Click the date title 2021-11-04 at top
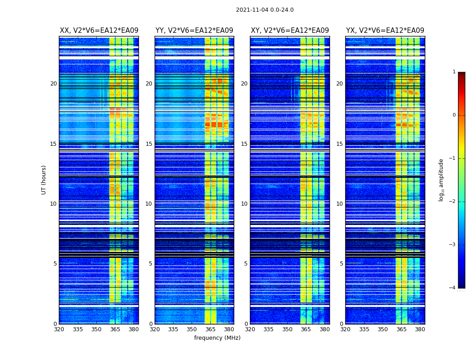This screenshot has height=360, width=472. coord(264,10)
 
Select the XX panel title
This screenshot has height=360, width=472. coord(99,31)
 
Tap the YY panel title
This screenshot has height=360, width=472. coord(194,31)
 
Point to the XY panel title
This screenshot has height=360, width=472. coord(289,31)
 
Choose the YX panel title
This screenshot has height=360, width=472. coord(385,31)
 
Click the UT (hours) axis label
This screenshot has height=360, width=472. coord(44,180)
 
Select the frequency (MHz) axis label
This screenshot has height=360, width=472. coord(217,338)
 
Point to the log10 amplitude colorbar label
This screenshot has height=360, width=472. coord(441,180)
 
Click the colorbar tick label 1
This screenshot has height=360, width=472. coord(454,72)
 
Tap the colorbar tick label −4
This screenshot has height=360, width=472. coord(453,288)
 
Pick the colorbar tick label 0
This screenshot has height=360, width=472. coord(454,115)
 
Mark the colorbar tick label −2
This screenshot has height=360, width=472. coord(453,202)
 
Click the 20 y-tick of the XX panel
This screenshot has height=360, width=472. coord(53,84)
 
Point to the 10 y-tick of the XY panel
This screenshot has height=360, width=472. coord(244,204)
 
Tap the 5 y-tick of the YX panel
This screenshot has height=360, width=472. coord(341,264)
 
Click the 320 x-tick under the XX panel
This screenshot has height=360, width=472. coord(59,329)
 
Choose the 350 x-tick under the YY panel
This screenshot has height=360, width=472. coord(192,329)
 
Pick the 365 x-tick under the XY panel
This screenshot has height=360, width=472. coord(306,329)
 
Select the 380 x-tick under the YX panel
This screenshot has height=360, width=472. coord(420,329)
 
